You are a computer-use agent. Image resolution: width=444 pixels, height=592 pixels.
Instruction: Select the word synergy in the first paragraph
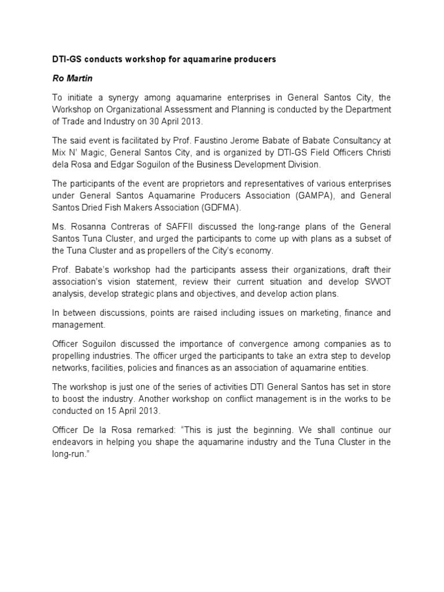point(128,97)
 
